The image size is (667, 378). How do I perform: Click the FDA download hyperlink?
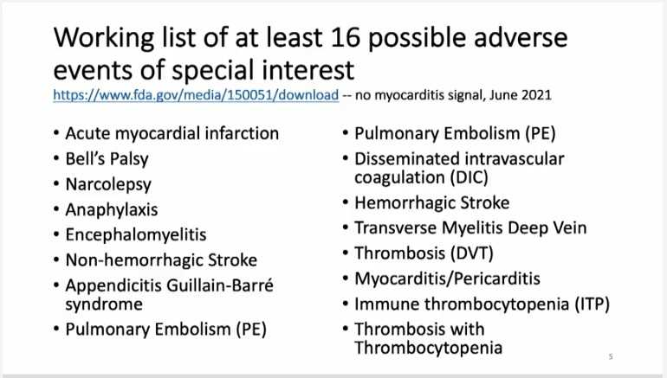(196, 94)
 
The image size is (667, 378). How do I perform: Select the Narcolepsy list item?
(108, 184)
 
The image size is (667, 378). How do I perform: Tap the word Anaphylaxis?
(112, 210)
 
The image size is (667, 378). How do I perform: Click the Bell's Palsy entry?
(107, 159)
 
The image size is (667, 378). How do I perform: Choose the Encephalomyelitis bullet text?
(136, 235)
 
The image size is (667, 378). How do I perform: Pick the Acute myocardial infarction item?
(172, 133)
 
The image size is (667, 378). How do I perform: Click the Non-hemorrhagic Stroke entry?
(161, 259)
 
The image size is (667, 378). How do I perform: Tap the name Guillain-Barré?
(220, 285)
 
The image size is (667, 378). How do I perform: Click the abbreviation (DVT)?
(472, 253)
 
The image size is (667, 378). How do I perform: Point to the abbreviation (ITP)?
(593, 304)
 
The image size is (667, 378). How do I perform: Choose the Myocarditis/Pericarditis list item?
(447, 279)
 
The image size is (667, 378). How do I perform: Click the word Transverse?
(396, 228)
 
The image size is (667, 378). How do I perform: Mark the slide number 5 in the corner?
(611, 356)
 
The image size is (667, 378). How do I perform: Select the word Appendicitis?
(113, 285)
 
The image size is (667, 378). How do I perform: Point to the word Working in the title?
(104, 38)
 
